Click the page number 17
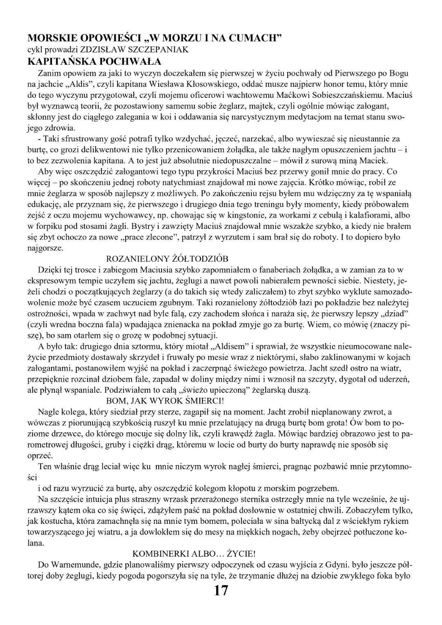221,591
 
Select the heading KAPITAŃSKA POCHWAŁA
94,62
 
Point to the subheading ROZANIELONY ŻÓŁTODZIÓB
167,259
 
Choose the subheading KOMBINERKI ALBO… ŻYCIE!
194,553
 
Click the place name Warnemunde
72,565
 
